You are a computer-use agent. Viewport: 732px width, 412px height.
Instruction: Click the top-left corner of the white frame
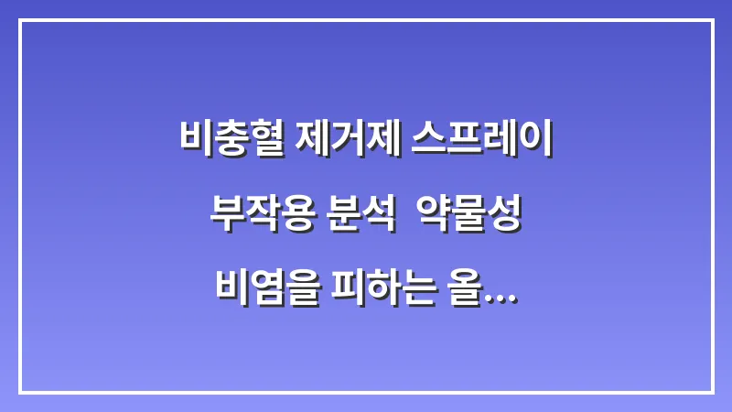point(20,21)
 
